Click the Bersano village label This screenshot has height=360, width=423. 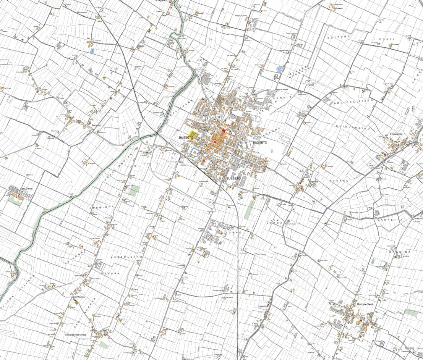click(97, 126)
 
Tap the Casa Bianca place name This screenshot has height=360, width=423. click(26, 189)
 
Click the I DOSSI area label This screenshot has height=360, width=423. click(386, 39)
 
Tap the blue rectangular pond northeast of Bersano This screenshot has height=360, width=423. click(92, 51)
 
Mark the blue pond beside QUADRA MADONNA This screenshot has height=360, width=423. click(280, 69)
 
